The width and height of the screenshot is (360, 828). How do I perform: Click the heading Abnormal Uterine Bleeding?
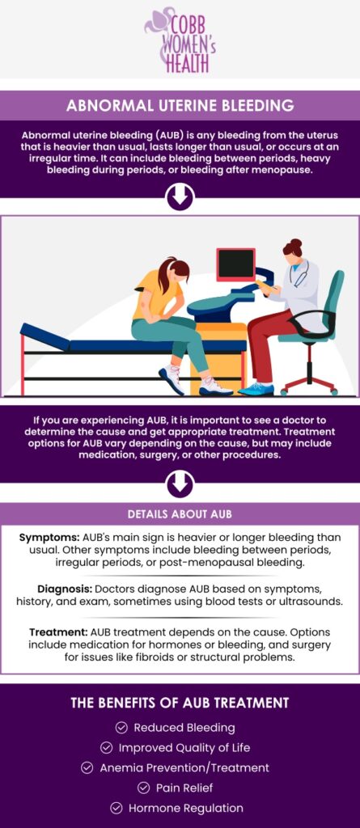[180, 106]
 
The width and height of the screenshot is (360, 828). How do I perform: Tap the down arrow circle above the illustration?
[180, 196]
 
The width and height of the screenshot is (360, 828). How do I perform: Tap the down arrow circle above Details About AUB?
[180, 484]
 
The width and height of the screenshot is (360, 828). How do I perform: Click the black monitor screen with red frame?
[236, 264]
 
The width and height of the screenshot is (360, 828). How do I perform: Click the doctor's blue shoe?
[256, 389]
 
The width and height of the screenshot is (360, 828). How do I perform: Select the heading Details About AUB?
[180, 514]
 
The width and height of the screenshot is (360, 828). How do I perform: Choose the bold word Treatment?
[57, 632]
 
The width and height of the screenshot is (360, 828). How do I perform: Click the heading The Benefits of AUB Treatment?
[180, 703]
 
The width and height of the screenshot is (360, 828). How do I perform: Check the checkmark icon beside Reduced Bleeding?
[122, 728]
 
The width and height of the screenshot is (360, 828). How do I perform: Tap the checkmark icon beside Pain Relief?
[143, 788]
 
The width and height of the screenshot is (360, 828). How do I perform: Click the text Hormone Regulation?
[186, 808]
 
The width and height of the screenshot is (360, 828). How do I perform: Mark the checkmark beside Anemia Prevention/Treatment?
[87, 768]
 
